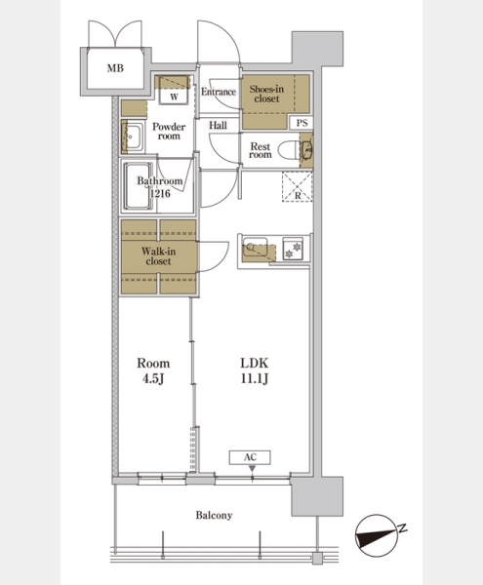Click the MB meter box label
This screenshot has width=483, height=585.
click(115, 68)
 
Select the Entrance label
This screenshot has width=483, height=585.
click(219, 92)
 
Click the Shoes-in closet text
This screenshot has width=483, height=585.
click(266, 94)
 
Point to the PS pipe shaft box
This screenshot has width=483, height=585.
click(302, 123)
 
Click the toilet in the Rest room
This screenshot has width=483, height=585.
click(290, 149)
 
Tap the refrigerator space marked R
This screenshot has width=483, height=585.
click(297, 186)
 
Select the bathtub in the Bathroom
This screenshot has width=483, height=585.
click(139, 186)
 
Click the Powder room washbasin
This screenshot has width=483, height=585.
click(132, 136)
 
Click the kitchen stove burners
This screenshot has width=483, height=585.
click(293, 250)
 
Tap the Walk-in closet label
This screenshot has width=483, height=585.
click(158, 256)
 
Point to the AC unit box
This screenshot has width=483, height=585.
click(250, 457)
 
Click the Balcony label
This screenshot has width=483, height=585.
click(214, 516)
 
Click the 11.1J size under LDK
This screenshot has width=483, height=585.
click(255, 379)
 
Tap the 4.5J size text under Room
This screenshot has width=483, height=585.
click(153, 379)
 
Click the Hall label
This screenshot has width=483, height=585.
click(218, 126)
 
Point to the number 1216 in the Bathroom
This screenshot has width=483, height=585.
click(160, 193)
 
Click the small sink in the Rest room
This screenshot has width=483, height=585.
click(307, 150)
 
